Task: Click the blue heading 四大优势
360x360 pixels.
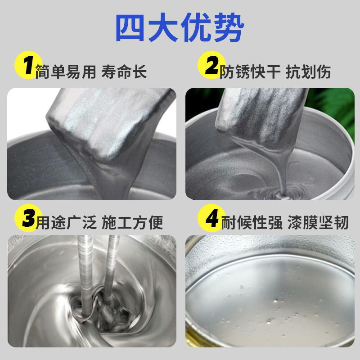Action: [180, 27]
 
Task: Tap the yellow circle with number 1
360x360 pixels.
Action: [28, 65]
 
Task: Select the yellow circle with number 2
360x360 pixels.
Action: [211, 65]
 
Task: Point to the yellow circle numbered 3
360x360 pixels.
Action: [28, 218]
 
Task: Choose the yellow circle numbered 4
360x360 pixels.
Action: [211, 218]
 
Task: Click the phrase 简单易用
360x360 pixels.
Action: [66, 72]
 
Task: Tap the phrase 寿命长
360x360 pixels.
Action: [124, 72]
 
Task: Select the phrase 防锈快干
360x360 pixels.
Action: [250, 72]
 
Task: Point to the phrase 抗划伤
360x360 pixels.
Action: [308, 72]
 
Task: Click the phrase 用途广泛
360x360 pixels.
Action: [66, 222]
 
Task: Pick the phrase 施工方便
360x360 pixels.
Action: [132, 222]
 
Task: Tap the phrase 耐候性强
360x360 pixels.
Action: [252, 222]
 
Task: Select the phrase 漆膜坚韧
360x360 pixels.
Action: [318, 222]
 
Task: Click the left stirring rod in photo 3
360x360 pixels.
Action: [85, 275]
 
